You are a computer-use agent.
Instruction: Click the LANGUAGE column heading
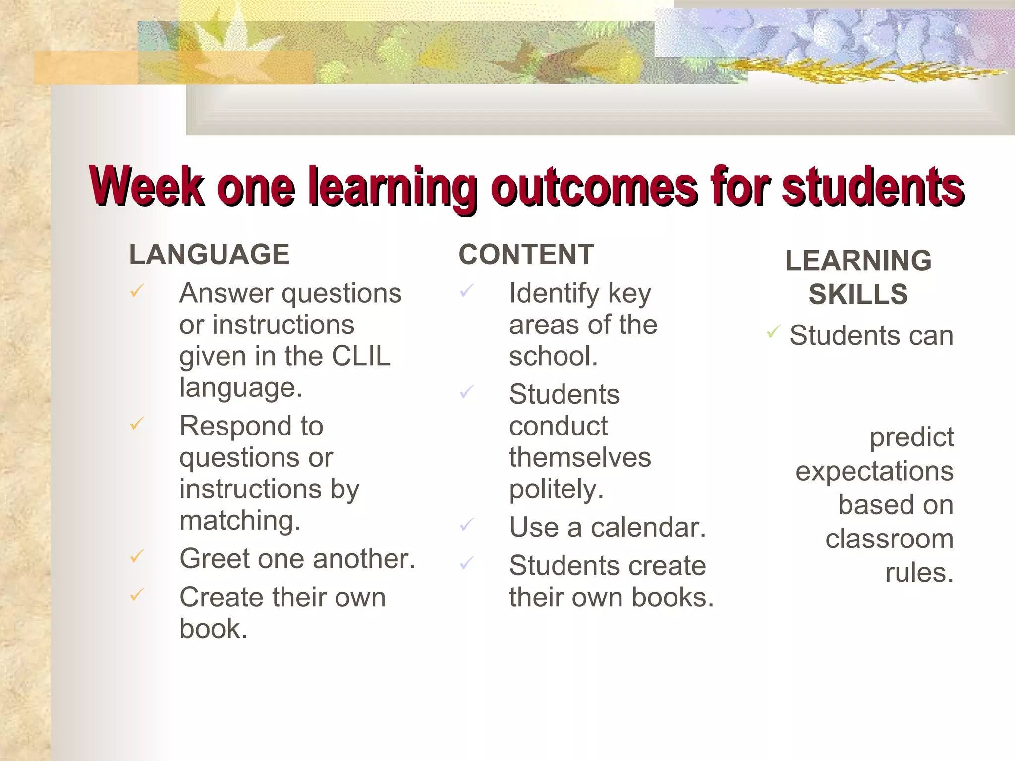click(209, 255)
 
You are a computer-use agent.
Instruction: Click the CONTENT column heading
click(526, 255)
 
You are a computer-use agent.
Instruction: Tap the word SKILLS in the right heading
click(858, 294)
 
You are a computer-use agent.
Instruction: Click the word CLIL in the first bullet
click(361, 356)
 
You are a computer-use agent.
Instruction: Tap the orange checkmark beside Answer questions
click(137, 291)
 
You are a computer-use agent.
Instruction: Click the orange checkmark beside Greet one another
click(137, 556)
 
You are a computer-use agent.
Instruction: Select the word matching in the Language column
click(240, 521)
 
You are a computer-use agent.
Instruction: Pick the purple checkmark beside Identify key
click(466, 291)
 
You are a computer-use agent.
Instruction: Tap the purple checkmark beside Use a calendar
click(466, 524)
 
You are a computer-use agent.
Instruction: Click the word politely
click(556, 490)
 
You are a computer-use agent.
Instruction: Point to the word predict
click(911, 437)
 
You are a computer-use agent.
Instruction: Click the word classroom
click(889, 539)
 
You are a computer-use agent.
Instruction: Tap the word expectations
click(874, 471)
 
